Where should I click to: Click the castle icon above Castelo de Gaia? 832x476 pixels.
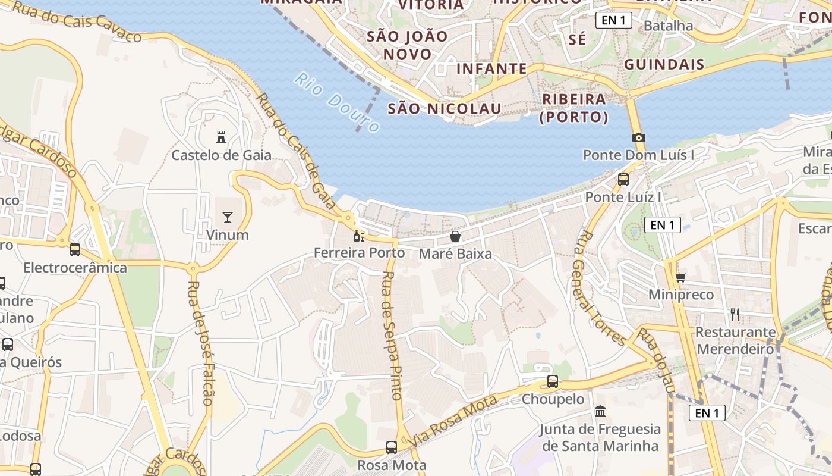pos(221,137)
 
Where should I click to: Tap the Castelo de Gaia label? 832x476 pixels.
pos(221,155)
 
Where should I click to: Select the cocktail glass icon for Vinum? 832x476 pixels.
pos(227,217)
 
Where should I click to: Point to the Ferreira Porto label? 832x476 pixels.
pos(359,253)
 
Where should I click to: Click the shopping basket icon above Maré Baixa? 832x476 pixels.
pos(455,236)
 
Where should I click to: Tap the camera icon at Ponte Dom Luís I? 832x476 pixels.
pos(639,137)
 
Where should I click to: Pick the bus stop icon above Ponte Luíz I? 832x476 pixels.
pos(623,179)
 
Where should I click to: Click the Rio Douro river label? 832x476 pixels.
pos(337,102)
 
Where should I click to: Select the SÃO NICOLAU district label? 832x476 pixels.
pos(445,108)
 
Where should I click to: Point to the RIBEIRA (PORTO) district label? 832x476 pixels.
pos(573,108)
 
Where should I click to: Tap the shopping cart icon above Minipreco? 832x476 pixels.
pos(681,277)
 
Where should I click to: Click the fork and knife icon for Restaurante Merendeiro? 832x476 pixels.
pos(736,314)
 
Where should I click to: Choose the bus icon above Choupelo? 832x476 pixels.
pos(553,381)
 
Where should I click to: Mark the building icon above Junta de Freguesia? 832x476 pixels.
pos(600,411)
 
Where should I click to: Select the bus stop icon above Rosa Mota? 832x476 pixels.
pos(392,447)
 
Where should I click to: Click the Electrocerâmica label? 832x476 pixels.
pos(75,268)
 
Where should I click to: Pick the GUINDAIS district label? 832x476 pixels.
pos(664,64)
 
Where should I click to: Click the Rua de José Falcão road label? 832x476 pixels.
pos(200,343)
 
